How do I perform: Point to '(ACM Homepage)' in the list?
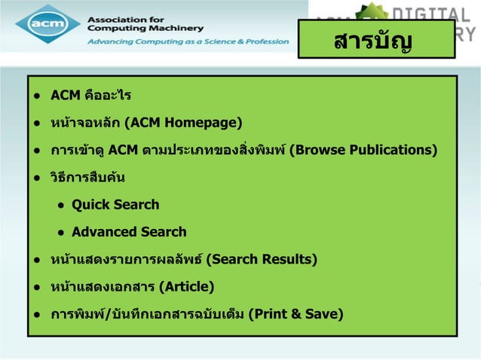pos(183,122)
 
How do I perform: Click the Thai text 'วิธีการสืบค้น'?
pos(87,178)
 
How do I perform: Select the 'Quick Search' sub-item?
pos(115,204)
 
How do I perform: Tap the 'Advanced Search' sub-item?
pos(129,231)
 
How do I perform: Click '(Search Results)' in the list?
pos(261,260)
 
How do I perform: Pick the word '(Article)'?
pos(187,287)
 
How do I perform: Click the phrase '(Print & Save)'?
pos(296,314)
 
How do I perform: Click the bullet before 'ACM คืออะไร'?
pos(36,96)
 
